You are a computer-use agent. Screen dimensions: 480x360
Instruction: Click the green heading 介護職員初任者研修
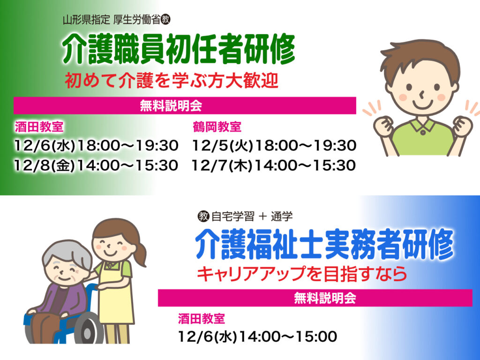(x=179, y=49)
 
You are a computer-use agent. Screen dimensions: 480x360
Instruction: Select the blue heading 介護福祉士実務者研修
(x=324, y=244)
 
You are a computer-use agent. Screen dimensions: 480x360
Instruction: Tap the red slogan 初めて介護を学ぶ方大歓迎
(x=172, y=81)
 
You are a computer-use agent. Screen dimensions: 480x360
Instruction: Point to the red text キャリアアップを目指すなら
(x=302, y=274)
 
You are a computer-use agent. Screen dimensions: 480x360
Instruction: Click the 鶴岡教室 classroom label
(x=217, y=127)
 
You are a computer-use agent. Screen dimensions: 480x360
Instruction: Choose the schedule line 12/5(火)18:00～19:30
(x=274, y=145)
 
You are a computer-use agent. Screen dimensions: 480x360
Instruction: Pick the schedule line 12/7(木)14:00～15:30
(x=274, y=165)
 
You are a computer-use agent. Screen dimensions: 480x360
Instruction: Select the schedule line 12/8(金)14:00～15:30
(x=96, y=165)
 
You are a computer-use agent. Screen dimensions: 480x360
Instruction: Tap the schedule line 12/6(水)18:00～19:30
(x=96, y=145)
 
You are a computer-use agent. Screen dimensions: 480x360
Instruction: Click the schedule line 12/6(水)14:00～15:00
(x=257, y=337)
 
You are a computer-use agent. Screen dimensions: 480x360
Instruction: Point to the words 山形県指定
(x=86, y=20)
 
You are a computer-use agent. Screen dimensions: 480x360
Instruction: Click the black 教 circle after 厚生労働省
(x=165, y=20)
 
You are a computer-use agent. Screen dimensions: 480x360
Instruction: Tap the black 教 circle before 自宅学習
(x=203, y=216)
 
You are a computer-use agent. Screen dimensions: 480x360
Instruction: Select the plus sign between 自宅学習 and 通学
(x=262, y=217)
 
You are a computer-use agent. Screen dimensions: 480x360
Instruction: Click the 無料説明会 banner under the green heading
(x=185, y=105)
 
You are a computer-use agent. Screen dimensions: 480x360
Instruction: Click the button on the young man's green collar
(x=423, y=133)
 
